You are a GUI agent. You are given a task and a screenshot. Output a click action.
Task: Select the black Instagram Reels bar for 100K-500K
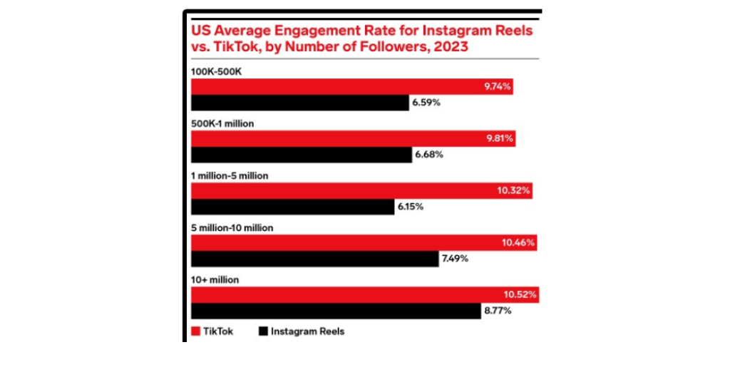coord(300,103)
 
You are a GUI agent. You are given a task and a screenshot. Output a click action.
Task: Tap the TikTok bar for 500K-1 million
coord(354,138)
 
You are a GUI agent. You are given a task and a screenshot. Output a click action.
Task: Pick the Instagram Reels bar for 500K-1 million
coord(302,155)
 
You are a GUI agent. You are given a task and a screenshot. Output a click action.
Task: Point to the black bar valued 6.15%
coord(293,207)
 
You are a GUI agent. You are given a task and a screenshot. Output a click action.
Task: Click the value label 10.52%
coord(519,294)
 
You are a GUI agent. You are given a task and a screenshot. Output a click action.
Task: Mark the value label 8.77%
coord(497,311)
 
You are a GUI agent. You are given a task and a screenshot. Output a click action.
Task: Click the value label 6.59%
coord(426,103)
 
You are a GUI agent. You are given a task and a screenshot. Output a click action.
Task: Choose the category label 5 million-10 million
coord(233,228)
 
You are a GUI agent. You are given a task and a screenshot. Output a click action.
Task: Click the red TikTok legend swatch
coord(196,331)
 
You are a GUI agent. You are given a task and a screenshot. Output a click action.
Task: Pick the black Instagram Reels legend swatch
coord(262,331)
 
